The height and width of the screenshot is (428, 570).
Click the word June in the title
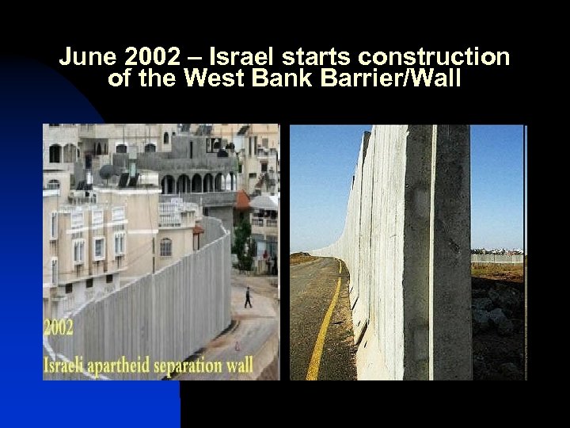click(x=82, y=58)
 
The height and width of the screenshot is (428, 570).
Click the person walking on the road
click(x=248, y=297)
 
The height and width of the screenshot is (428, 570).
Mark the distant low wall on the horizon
click(x=497, y=258)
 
